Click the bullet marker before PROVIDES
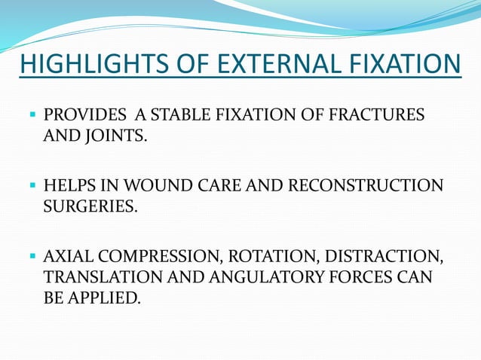(x=33, y=115)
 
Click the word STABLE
(x=172, y=115)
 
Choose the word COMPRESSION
(x=159, y=257)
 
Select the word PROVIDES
(x=84, y=115)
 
